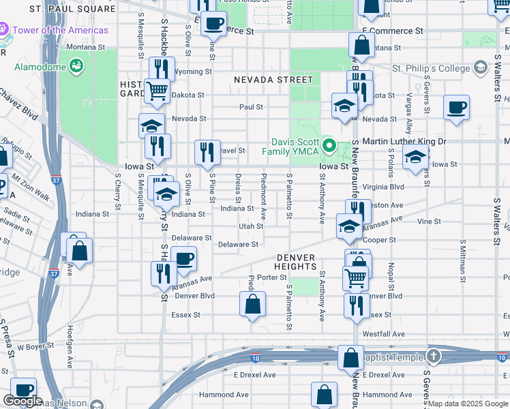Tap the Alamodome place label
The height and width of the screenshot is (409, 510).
[x=40, y=67]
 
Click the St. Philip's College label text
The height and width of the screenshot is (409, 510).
[x=431, y=68]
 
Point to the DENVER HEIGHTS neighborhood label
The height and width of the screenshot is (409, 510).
[x=297, y=262]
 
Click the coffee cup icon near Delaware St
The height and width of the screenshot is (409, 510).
[x=184, y=259]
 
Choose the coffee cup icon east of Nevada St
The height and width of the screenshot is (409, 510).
[x=456, y=107]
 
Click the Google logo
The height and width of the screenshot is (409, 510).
[x=23, y=401]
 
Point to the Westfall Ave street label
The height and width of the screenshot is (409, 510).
[x=383, y=334]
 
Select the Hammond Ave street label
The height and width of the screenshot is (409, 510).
[x=224, y=395]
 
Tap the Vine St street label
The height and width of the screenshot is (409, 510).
[x=429, y=222]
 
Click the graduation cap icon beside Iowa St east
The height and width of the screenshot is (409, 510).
[x=415, y=157]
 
